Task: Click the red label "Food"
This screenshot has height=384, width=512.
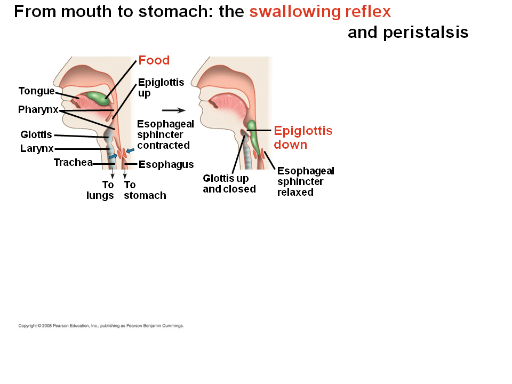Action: [154, 60]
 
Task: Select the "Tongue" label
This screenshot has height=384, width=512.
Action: [36, 91]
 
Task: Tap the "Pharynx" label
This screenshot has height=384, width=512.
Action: [38, 110]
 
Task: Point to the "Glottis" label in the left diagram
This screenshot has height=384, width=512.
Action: [36, 135]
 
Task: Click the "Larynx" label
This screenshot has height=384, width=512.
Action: [37, 149]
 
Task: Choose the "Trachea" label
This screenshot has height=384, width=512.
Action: [73, 163]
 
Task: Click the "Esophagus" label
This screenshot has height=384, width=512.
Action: [166, 164]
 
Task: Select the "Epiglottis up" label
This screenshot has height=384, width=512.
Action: [161, 87]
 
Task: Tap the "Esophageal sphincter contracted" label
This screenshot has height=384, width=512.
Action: [165, 134]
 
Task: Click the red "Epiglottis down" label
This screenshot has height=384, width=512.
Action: [302, 138]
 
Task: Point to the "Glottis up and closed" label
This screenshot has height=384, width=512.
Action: [229, 183]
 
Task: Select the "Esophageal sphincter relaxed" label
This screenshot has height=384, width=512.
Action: [306, 181]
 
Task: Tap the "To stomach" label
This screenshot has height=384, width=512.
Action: [145, 190]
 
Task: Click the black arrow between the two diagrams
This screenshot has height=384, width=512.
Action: [173, 110]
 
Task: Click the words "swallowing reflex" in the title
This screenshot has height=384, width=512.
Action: [320, 11]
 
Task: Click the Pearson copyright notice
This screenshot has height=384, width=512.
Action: [101, 325]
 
